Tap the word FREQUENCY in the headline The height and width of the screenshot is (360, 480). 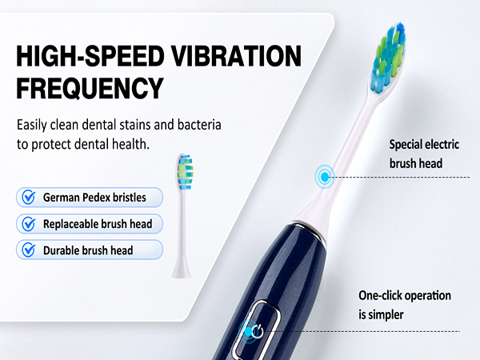pos(89,86)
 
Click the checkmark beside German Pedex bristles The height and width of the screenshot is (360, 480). pos(29,197)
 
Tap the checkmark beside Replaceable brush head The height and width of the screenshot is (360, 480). pos(29,223)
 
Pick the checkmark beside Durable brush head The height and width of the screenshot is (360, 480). pos(29,250)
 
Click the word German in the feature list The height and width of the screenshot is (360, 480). pos(63,198)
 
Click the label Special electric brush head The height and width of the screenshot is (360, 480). pos(427,154)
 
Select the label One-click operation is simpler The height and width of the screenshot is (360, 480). pos(404,305)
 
